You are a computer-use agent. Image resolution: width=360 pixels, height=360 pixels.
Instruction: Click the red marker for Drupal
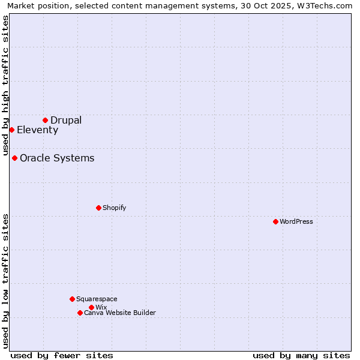point(45,120)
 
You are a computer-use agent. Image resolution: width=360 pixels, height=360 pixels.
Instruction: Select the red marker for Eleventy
point(11,130)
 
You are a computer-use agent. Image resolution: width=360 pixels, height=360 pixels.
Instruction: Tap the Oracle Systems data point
point(14,158)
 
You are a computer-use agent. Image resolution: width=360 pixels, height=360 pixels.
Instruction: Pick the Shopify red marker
point(98,208)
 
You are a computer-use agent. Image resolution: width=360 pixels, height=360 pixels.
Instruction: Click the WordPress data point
point(275,221)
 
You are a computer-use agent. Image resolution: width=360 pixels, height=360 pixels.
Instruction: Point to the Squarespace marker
point(72,299)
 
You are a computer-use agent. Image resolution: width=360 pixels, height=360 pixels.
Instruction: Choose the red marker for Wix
point(91,307)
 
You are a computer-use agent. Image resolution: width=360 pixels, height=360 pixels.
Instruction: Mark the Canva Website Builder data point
point(80,313)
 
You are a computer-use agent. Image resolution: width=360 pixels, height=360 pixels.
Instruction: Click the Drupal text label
point(66,120)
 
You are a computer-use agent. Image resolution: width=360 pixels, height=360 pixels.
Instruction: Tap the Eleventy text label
point(37,130)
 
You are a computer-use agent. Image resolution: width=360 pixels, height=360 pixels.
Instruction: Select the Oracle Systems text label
point(57,158)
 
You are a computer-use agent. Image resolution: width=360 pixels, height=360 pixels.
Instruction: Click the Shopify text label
point(114,208)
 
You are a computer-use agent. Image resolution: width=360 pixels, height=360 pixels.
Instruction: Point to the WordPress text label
point(296,221)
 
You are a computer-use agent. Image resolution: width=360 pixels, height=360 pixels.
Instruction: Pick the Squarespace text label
point(97,299)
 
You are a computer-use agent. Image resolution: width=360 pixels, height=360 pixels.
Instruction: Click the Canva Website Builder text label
point(120,313)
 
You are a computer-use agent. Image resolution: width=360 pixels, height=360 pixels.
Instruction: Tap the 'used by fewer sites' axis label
point(62,355)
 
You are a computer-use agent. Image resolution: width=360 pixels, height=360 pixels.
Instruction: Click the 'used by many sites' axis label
point(301,355)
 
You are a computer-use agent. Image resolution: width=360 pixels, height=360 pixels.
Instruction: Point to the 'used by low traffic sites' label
point(5,280)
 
